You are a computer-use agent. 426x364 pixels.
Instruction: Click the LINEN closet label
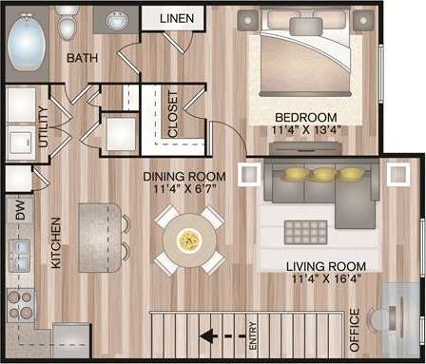pos(178,18)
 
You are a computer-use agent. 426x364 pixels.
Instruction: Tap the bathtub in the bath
pos(29,43)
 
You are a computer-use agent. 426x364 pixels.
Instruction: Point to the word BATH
pos(84,59)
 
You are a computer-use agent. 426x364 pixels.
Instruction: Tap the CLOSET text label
pos(172,118)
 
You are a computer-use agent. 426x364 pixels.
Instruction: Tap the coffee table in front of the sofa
pos(307,231)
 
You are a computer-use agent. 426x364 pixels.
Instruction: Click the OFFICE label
pos(354,329)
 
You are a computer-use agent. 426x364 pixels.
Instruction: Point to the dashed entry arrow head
pos(203,335)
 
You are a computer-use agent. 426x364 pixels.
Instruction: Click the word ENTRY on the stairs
pos(253,334)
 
